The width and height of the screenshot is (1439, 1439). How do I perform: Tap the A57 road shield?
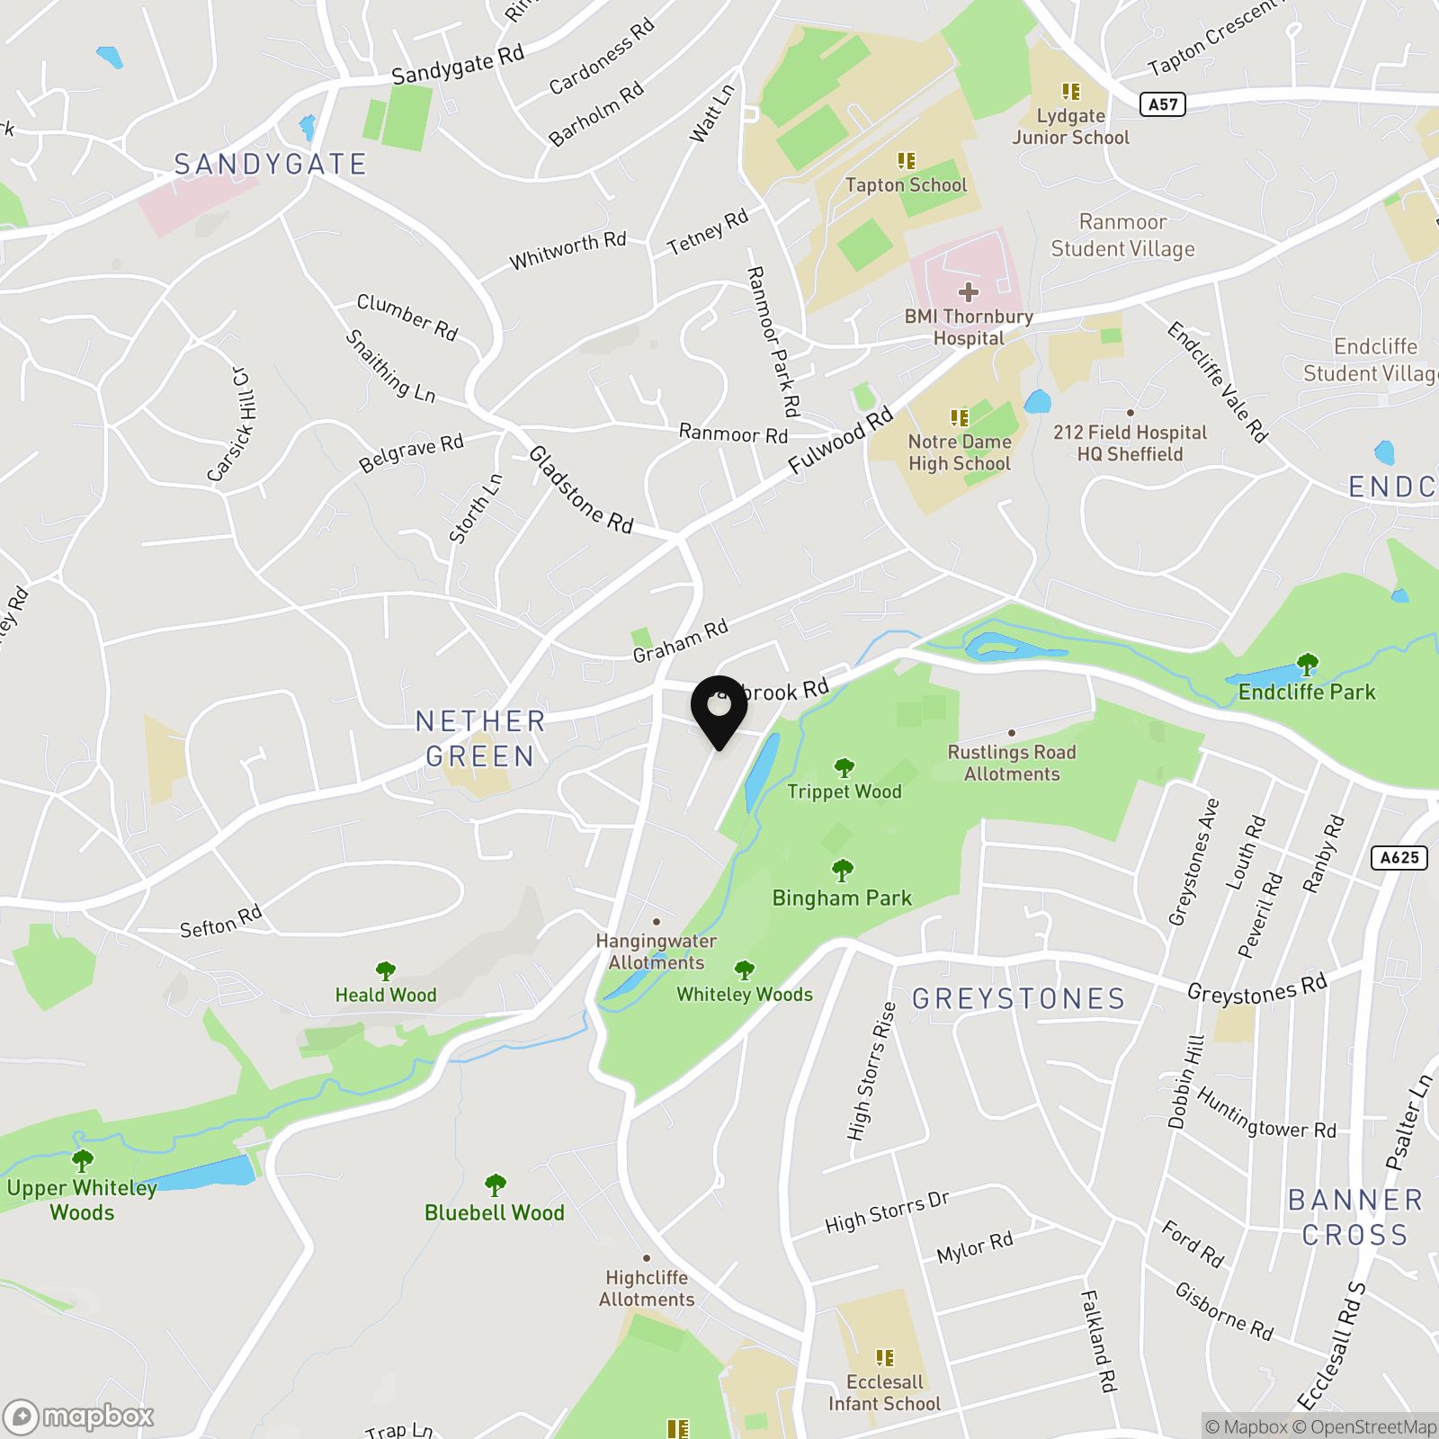click(1163, 104)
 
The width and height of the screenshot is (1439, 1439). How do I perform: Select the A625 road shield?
click(1399, 857)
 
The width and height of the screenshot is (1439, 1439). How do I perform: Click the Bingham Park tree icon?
click(843, 870)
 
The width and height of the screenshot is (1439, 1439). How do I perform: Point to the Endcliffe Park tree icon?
click(1308, 666)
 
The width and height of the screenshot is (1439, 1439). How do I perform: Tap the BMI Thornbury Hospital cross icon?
click(969, 292)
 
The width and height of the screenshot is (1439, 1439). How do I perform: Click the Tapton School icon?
click(907, 161)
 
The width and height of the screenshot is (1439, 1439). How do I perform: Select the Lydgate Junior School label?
click(1070, 127)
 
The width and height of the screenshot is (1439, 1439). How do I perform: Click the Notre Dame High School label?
click(960, 452)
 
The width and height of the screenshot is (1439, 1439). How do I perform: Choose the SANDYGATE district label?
click(271, 165)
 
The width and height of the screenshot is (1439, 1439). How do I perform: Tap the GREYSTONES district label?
click(1019, 998)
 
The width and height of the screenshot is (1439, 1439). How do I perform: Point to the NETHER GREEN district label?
click(480, 738)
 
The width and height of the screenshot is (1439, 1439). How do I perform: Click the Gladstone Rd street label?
click(581, 489)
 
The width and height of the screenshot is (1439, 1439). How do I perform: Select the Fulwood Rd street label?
click(840, 441)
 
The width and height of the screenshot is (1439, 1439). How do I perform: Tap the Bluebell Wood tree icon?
click(495, 1185)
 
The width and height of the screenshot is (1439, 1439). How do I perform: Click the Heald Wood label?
click(386, 995)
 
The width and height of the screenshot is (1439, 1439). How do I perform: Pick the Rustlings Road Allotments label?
click(1012, 763)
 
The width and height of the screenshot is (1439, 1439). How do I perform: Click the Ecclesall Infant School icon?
click(885, 1357)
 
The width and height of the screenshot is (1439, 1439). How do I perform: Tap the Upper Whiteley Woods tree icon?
click(82, 1160)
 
